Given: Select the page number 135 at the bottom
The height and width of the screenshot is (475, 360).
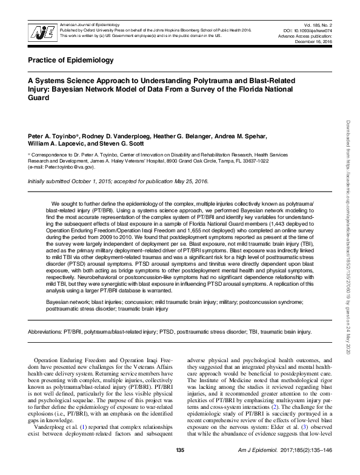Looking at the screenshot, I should click(x=179, y=466).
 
